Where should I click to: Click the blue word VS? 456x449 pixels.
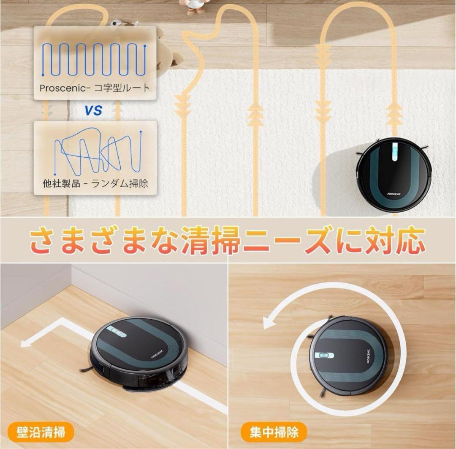pyautogui.click(x=93, y=111)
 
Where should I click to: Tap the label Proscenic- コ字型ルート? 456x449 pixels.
pyautogui.click(x=95, y=88)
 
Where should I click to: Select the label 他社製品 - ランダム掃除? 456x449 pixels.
pyautogui.click(x=95, y=183)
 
